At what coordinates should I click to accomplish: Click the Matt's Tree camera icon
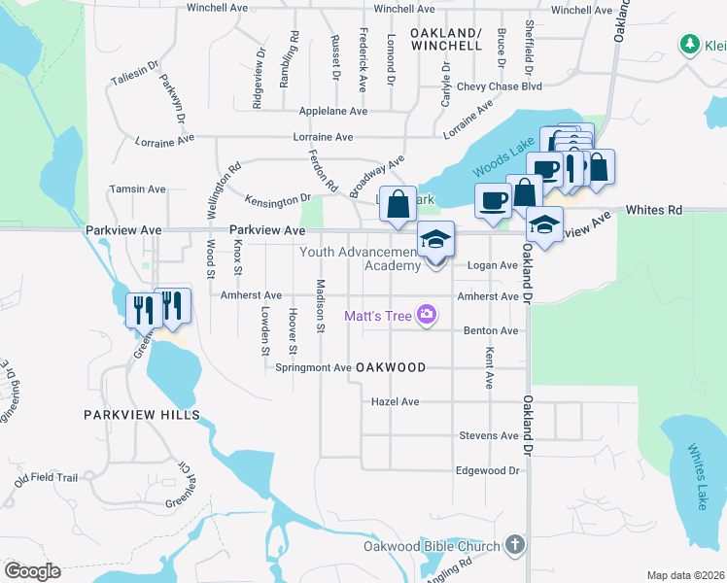point(426,314)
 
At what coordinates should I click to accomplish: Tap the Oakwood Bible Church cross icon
point(514,546)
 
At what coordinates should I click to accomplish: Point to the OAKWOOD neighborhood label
point(391,367)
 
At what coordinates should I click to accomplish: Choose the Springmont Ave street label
point(313,368)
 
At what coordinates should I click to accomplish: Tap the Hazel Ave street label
point(395,401)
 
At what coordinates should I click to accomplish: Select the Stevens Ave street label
point(489,435)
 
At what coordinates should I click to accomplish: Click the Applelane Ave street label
point(333,112)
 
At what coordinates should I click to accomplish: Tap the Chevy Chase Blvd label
point(505,86)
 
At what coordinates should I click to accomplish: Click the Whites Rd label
point(654,209)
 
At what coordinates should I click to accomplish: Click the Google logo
point(33,570)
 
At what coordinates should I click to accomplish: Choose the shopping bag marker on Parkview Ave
point(398,205)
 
